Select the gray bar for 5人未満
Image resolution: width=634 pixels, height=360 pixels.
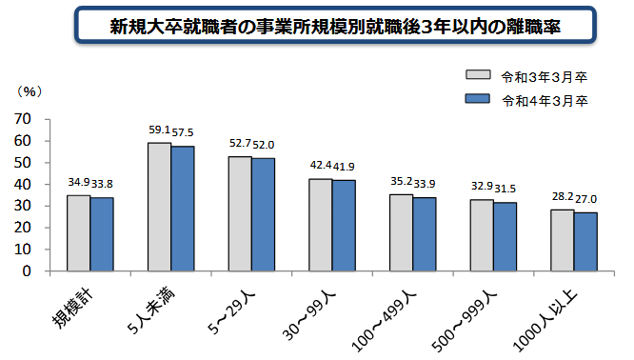(159, 207)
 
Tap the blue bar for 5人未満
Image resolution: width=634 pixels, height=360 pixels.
(182, 209)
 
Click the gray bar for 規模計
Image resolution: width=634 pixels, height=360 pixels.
(78, 232)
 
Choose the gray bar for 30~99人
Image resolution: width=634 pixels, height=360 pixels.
(320, 225)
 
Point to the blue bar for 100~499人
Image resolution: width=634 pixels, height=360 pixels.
(425, 234)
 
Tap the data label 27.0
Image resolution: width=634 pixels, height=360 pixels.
(586, 201)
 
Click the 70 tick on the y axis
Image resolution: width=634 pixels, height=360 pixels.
(24, 119)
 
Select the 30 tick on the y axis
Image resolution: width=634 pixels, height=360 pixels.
(24, 206)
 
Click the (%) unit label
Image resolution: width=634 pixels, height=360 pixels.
(31, 91)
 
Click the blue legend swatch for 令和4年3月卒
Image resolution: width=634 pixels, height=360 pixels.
(476, 99)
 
